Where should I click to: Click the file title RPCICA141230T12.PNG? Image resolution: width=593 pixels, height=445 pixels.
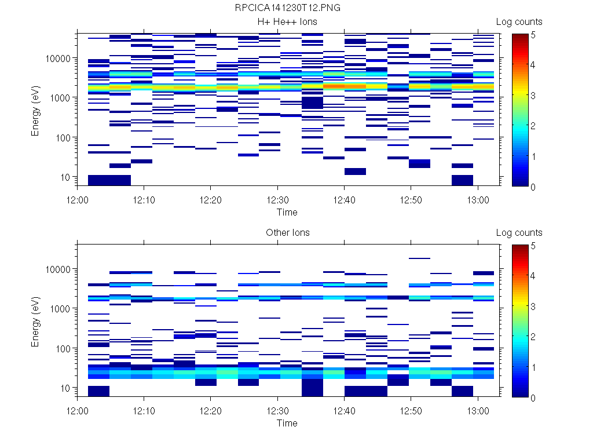pos(287,8)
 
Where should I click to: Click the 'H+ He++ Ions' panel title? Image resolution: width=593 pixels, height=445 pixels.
pos(287,22)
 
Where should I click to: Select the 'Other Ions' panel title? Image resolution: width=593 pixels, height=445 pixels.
pos(287,233)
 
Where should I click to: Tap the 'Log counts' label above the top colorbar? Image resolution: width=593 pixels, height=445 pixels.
pos(519,22)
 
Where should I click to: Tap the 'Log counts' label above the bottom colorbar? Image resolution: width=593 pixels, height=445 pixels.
pos(519,233)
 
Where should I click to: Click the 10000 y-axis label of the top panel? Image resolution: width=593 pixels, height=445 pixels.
pos(59,59)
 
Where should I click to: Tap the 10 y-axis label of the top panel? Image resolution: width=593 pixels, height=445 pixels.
pos(66,177)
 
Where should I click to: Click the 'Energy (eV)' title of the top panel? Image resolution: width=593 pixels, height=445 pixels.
pos(36,110)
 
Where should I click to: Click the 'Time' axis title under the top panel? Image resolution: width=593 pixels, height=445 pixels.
pos(287,212)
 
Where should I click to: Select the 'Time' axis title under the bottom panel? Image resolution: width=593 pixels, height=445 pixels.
pos(287,423)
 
